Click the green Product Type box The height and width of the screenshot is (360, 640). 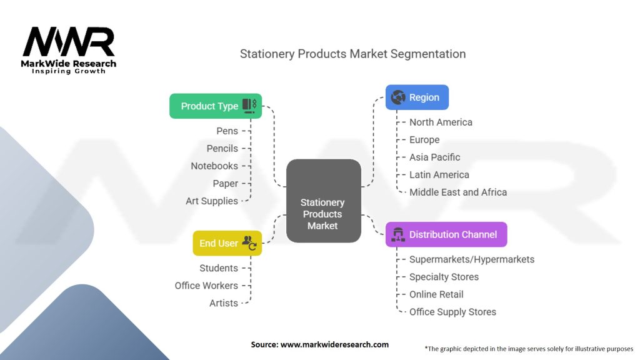pos(216,106)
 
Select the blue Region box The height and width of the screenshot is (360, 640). pos(417,97)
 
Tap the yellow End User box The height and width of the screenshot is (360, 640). pos(227,243)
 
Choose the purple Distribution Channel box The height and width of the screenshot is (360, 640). pos(446,234)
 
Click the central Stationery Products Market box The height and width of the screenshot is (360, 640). pos(324,201)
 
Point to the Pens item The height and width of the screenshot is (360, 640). pos(227,131)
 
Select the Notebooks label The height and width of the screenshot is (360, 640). pos(214,166)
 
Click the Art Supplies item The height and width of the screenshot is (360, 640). pos(212,201)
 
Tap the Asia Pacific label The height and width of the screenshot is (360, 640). pos(435,157)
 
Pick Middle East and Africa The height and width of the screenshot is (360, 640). pos(458,192)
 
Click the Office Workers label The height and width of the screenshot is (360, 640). pos(206,286)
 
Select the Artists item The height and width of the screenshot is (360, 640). pos(224,303)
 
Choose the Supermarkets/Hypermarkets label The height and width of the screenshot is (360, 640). pos(472,259)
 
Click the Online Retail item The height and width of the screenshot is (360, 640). pos(436,294)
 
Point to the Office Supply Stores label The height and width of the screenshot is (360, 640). pos(452,312)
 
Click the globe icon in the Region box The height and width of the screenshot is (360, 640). pos(398,97)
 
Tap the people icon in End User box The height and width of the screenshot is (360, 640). pos(249,243)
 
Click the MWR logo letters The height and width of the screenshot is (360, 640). pos(69,42)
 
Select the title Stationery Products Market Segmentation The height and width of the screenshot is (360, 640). pos(352,54)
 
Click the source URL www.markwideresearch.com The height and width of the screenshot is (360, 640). pos(335,344)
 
